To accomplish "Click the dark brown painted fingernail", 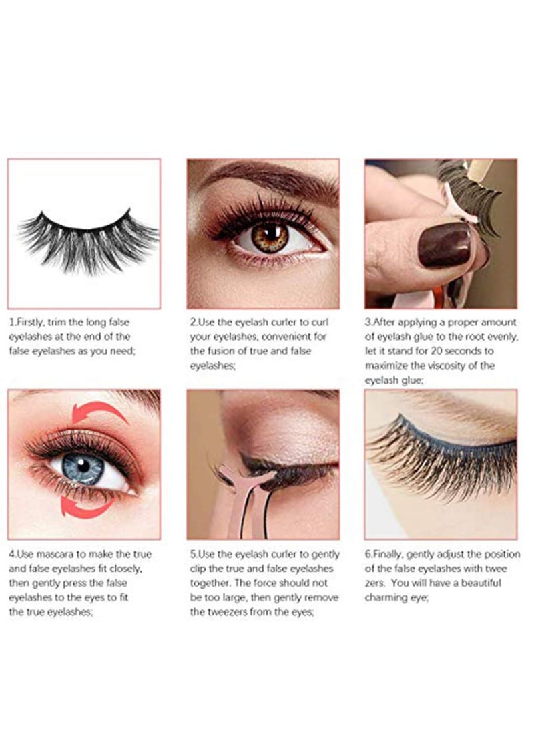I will click(x=444, y=245).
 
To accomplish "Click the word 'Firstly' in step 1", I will click(x=31, y=323).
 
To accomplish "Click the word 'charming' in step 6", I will click(x=385, y=598).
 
